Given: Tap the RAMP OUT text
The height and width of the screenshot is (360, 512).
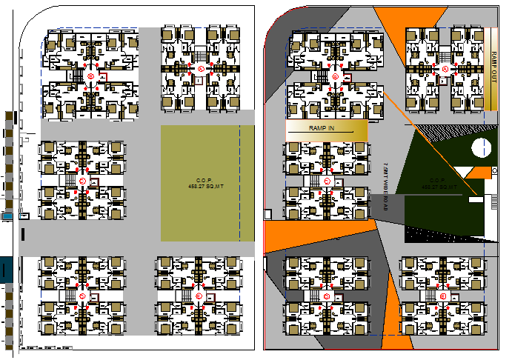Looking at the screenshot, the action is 494,68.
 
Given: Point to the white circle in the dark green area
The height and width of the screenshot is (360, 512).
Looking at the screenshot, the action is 480,148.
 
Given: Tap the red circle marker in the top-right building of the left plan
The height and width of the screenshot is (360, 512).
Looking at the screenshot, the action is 201,69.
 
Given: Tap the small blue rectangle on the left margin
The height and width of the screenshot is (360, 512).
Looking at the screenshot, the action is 7,216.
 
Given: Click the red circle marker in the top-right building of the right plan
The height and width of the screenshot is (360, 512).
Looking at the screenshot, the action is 445,70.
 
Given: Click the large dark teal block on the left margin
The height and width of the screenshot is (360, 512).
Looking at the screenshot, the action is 5,270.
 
